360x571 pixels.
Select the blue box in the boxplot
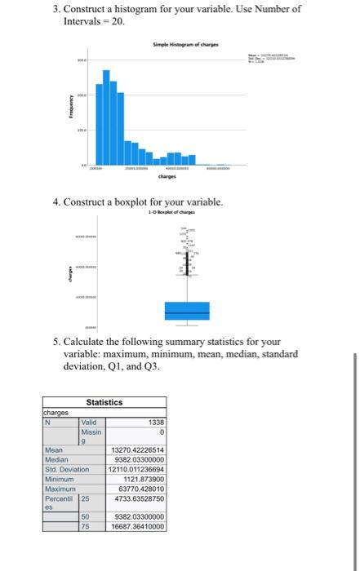[x=187, y=311]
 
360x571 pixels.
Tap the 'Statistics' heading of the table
[x=104, y=402]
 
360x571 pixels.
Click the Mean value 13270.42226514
[x=137, y=449]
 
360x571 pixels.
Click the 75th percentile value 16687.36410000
[x=137, y=526]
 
